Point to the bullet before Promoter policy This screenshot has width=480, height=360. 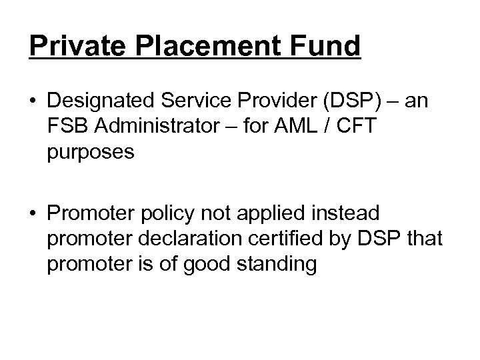tap(34, 214)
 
